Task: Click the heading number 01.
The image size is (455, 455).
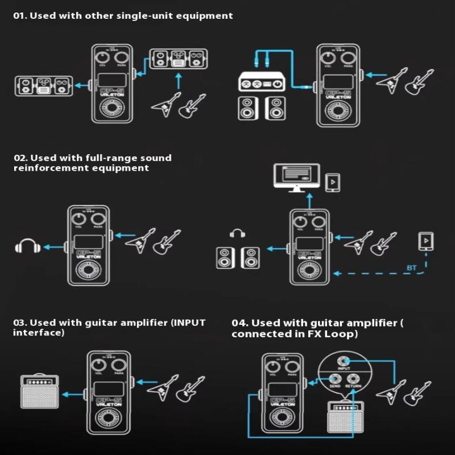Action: pos(20,16)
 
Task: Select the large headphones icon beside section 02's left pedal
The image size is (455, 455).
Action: pos(27,246)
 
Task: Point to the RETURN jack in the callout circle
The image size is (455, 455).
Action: pos(353,380)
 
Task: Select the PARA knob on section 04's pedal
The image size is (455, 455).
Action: pos(291,366)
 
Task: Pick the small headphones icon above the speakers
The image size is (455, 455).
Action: pos(237,233)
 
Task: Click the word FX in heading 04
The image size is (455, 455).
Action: pos(311,334)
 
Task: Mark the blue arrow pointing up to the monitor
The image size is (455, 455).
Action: pos(309,200)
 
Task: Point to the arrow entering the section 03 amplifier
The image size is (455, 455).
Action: pos(72,394)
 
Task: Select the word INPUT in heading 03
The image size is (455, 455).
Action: pos(187,322)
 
